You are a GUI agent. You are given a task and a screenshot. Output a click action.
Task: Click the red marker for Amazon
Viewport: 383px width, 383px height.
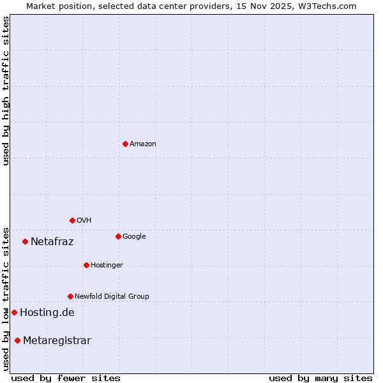coord(125,144)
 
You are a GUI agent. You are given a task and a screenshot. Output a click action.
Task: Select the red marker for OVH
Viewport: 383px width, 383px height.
coord(72,220)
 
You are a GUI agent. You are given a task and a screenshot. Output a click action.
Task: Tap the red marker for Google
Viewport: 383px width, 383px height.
coord(118,236)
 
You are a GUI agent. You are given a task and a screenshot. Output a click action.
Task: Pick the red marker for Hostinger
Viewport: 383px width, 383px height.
coord(86,265)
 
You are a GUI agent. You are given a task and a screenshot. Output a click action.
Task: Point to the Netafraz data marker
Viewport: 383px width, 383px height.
coord(25,241)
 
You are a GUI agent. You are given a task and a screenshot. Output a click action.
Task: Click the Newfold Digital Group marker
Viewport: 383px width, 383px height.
coord(70,296)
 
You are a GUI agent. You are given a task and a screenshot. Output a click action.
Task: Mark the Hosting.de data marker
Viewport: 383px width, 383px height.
coord(14,312)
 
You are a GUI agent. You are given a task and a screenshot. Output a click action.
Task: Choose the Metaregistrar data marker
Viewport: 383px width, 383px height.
coord(17,340)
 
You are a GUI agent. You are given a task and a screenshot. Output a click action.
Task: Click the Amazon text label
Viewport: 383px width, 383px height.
coord(143,144)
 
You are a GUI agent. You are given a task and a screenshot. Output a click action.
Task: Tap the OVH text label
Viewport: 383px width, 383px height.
coord(84,221)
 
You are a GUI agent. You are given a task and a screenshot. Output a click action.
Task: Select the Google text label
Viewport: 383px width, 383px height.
coord(134,237)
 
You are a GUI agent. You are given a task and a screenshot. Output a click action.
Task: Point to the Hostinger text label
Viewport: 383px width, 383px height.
coord(107,266)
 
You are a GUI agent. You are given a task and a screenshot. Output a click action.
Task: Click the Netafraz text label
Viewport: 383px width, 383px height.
coord(52,242)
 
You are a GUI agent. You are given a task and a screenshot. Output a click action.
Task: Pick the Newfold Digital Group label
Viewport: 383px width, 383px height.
coord(112,297)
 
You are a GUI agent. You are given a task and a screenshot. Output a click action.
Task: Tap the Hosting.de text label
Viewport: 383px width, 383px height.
coord(47,313)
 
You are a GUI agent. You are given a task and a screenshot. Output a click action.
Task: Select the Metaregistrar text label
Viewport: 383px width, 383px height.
coord(57,341)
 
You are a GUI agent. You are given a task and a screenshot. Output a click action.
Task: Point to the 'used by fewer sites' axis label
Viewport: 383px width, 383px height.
coord(66,378)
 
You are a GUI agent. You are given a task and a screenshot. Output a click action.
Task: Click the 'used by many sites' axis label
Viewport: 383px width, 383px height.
coord(320,378)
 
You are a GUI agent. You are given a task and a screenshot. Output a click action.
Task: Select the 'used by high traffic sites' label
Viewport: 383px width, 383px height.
coord(6,90)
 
